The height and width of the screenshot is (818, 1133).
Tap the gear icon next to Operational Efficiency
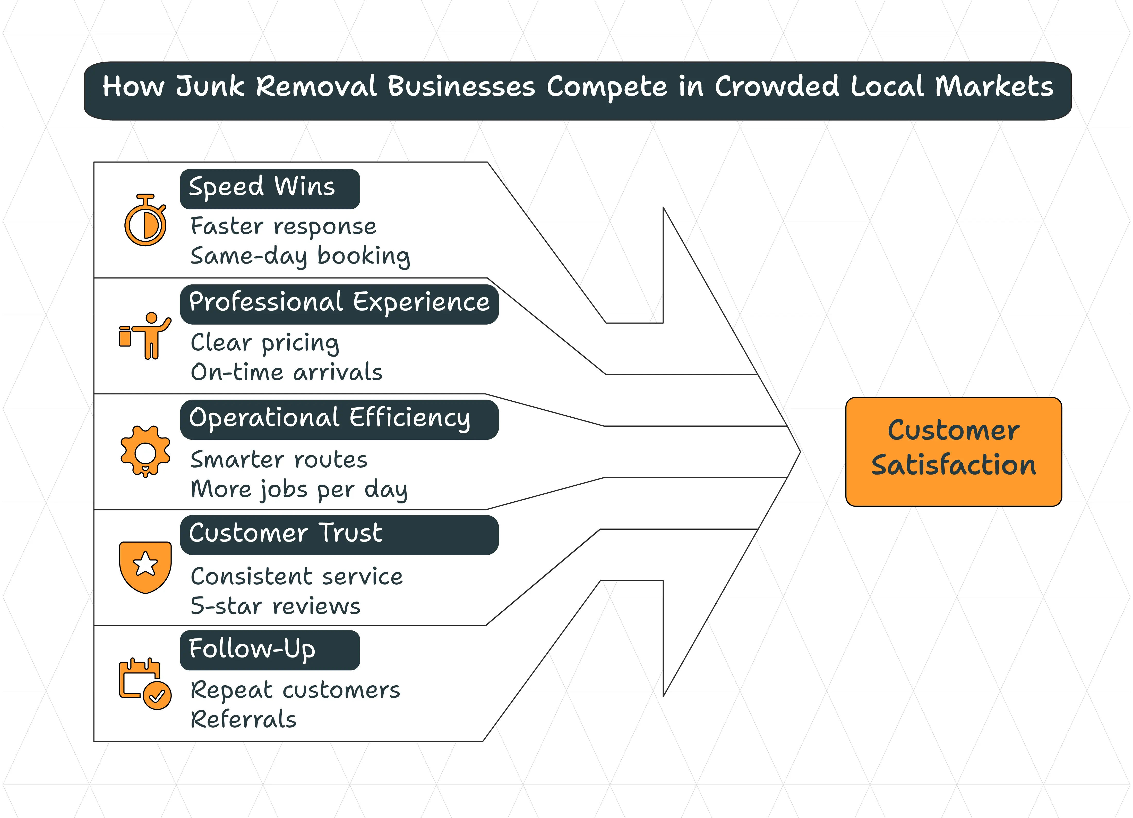point(145,451)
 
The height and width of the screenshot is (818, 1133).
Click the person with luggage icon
point(145,336)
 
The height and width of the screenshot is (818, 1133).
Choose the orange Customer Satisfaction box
point(953,452)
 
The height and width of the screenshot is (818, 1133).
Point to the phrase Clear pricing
point(265,343)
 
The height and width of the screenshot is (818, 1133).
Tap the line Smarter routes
point(279,460)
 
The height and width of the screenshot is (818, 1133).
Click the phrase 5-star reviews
point(275,606)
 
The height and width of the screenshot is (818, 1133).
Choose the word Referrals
point(243,720)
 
